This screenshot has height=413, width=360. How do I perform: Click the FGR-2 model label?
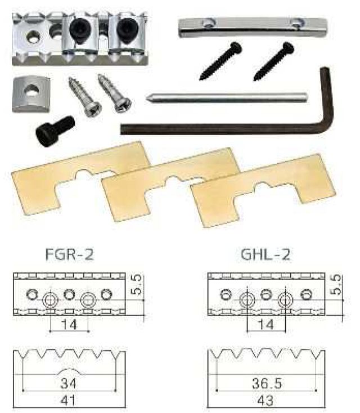70,254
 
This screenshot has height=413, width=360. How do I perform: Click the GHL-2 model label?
265,254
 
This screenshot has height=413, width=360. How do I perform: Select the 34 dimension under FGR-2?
68,383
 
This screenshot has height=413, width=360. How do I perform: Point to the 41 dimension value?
67,401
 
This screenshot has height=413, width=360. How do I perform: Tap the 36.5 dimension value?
267,383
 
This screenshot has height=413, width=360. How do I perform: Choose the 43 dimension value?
265,401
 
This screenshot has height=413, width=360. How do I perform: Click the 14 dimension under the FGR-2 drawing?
69,324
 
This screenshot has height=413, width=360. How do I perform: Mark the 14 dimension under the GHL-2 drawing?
265,324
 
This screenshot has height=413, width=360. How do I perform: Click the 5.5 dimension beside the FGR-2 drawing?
137,285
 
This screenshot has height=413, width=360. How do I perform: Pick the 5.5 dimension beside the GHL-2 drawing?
336,285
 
